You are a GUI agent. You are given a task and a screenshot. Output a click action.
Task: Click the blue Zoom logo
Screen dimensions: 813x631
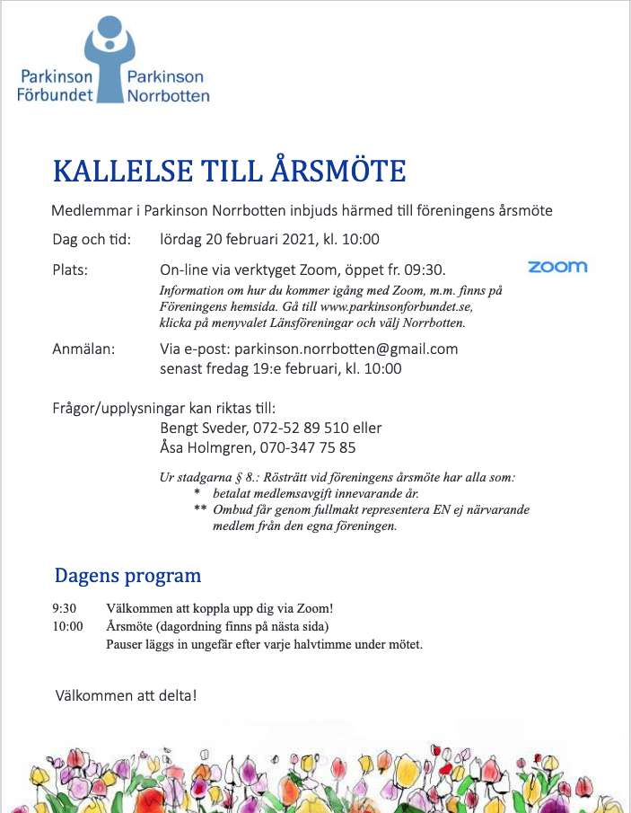557,267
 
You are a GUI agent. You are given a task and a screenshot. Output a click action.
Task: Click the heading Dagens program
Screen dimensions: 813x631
127,575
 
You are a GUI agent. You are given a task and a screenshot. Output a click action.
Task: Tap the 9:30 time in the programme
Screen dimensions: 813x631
65,608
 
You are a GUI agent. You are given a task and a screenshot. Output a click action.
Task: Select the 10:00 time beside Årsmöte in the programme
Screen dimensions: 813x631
68,626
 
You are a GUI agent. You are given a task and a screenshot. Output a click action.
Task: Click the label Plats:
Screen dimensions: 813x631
70,270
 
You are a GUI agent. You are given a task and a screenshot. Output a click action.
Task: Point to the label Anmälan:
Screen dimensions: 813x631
83,349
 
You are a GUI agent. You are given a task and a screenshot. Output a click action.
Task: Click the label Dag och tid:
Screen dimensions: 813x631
92,239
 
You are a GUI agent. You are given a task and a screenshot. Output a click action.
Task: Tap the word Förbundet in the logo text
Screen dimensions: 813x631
55,95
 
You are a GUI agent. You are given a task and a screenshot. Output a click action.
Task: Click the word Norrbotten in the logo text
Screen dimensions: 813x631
169,95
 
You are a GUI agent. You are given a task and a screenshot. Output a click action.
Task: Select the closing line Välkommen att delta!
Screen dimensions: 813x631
125,695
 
